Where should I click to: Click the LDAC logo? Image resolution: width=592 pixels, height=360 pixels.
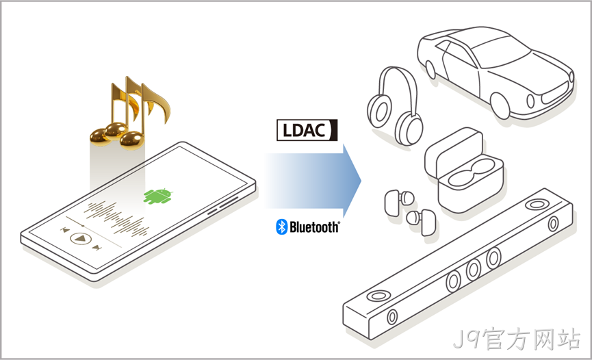point(307,130)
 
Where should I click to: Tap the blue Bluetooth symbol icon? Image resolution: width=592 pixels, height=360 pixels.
point(282,227)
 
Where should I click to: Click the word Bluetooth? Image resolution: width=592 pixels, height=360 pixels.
point(315,227)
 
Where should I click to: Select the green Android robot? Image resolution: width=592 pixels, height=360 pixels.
point(158,196)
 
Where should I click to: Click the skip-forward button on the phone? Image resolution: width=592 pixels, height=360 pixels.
point(97,248)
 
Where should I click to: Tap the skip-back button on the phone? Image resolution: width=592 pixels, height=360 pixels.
point(65,230)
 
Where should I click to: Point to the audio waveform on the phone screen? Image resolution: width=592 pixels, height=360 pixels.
point(116,218)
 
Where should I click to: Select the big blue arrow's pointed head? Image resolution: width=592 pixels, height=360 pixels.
point(352,181)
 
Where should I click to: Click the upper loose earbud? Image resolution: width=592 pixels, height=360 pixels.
point(399,203)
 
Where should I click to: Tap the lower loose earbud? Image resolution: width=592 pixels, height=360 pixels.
point(422,221)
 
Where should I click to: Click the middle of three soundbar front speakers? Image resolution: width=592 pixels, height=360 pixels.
point(473,270)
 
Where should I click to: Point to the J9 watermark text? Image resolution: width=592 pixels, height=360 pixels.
point(517,339)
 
